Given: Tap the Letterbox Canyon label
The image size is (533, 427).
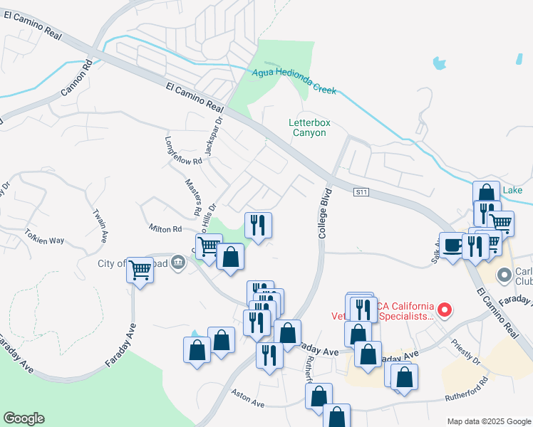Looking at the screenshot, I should (309, 127).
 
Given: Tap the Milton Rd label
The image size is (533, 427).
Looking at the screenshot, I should (165, 228).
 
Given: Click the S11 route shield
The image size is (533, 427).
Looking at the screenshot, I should (361, 192).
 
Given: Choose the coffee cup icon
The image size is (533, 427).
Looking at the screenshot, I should (452, 245).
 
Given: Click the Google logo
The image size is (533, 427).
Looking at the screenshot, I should (24, 418).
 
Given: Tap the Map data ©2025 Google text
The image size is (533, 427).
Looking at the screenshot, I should (489, 421).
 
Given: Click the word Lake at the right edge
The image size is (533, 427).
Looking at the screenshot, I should (513, 190).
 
